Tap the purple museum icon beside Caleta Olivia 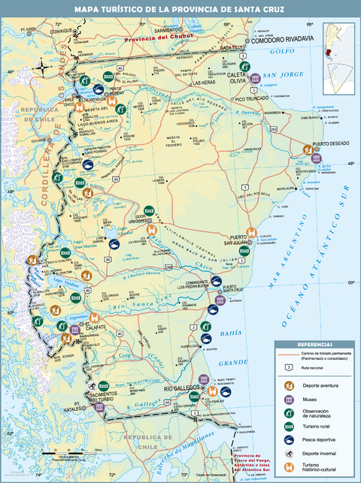(x=256, y=78)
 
